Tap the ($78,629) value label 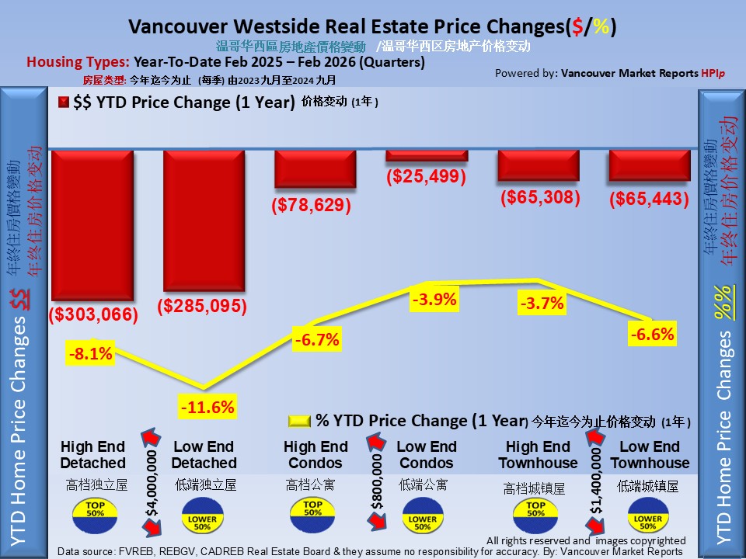tap(311, 206)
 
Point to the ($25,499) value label tap(426, 176)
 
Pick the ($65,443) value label tap(650, 200)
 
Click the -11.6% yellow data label tap(207, 406)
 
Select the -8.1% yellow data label tap(91, 355)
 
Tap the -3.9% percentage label tap(435, 299)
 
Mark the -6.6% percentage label tap(652, 335)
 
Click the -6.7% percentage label tap(316, 339)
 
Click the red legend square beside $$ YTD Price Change tap(64, 102)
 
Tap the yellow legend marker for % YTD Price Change tap(299, 422)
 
